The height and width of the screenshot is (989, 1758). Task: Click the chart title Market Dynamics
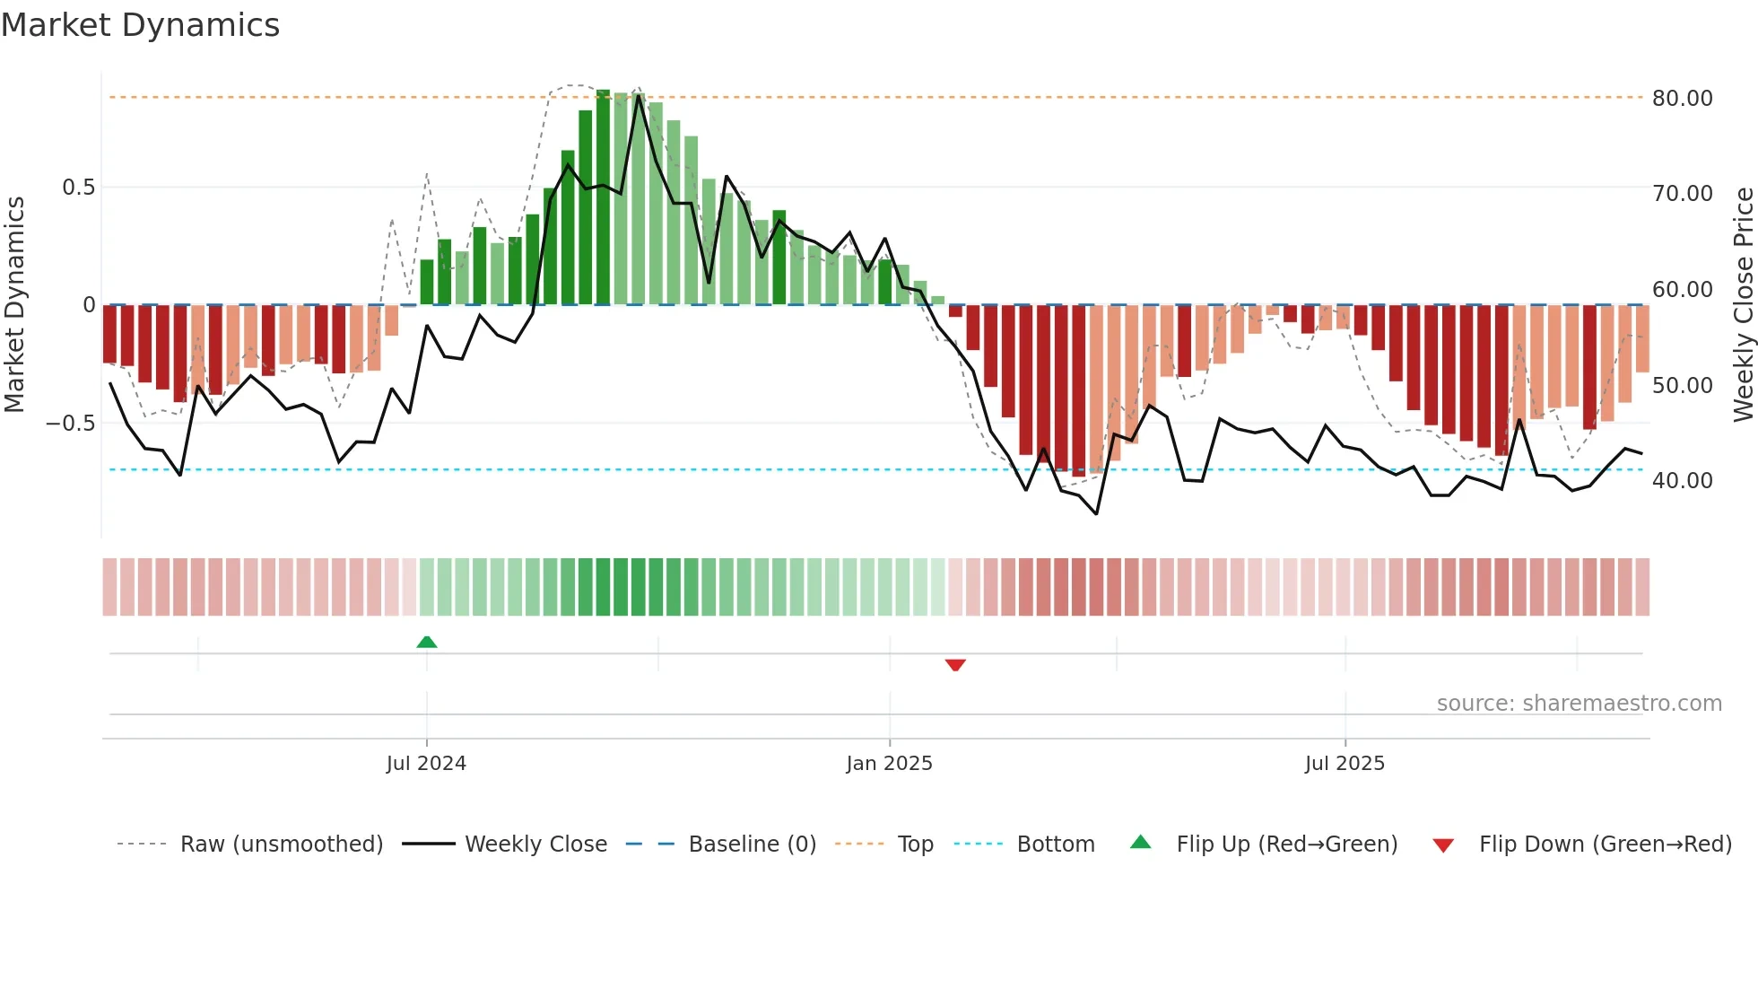tap(140, 25)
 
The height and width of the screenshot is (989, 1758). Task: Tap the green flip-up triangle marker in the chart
tap(427, 642)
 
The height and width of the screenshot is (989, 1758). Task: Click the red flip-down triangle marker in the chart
tap(955, 665)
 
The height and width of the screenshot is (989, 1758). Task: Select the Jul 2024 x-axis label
tap(426, 764)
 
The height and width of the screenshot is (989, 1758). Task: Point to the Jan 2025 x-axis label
tap(889, 764)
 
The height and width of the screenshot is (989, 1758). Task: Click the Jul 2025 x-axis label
tap(1345, 764)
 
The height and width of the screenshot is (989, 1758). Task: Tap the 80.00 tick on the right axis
tap(1682, 98)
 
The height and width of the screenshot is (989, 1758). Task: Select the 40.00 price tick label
tap(1682, 481)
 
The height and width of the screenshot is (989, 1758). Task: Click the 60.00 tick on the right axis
tap(1682, 290)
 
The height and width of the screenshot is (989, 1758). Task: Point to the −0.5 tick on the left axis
tap(70, 424)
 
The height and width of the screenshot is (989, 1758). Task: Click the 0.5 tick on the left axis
tap(78, 188)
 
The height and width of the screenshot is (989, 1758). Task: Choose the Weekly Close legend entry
tap(535, 845)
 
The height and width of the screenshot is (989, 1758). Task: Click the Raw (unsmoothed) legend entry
tap(281, 845)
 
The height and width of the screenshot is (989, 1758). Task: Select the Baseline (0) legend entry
tap(752, 845)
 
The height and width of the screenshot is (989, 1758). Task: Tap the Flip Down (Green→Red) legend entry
tap(1605, 845)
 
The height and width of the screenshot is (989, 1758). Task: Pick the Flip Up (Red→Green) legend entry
tap(1286, 845)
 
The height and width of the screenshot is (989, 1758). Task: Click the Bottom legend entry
tap(1055, 845)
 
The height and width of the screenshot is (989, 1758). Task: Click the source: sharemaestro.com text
tap(1579, 704)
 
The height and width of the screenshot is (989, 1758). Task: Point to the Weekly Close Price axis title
tap(1743, 304)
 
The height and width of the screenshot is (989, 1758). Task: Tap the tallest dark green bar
tap(603, 197)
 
